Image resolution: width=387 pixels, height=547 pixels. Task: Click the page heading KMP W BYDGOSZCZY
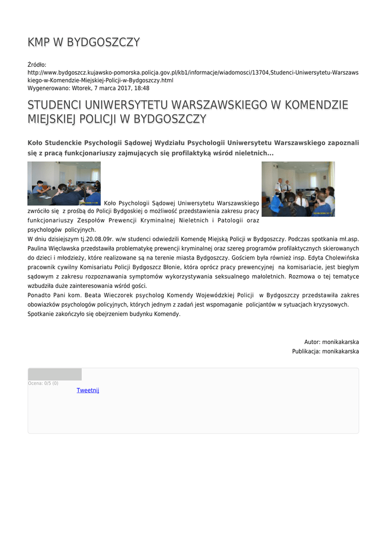(x=84, y=42)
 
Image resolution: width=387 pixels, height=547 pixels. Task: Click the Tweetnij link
(x=88, y=390)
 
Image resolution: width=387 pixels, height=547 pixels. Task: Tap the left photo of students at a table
(x=64, y=183)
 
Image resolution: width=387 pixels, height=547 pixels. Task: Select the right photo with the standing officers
(x=298, y=189)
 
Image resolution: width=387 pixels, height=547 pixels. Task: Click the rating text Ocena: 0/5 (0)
(x=43, y=383)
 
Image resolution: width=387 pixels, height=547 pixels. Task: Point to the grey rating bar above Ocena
(x=54, y=374)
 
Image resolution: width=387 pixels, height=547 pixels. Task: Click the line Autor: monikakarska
(x=331, y=342)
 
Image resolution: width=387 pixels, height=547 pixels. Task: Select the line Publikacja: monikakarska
(x=325, y=351)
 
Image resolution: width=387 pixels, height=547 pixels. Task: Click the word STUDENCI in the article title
(x=53, y=105)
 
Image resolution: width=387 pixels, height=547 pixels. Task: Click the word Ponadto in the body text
(x=39, y=295)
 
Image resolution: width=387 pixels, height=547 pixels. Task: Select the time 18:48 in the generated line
(x=142, y=88)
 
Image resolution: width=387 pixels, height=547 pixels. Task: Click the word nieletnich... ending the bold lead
(x=252, y=153)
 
